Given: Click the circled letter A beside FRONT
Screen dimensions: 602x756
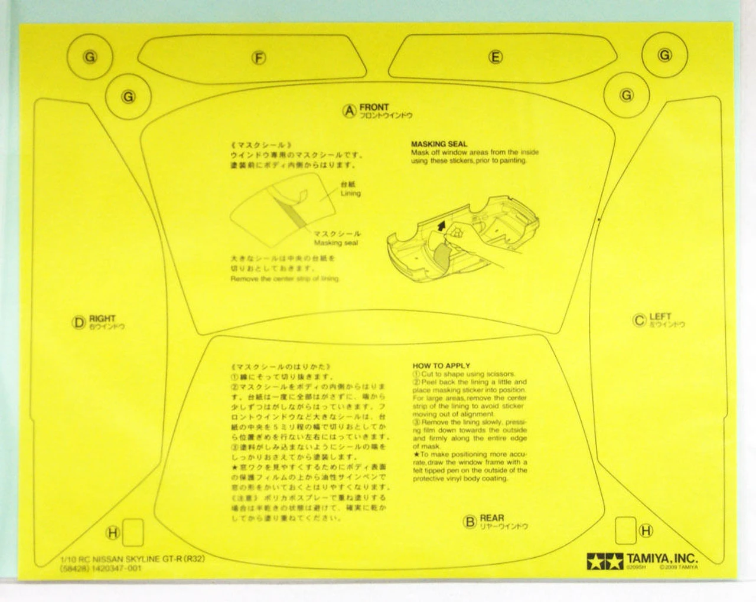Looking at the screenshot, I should point(350,110).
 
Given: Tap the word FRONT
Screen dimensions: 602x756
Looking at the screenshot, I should point(374,107).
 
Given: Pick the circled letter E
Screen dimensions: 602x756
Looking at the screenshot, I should point(496,57).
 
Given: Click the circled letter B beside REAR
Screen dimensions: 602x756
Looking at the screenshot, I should point(470,521).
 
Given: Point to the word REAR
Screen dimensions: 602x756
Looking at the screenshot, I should point(492,518).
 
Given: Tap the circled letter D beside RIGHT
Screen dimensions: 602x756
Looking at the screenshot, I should point(79,322).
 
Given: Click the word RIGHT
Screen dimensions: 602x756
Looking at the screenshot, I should point(102,319).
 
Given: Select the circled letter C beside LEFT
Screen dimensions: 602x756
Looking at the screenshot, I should point(638,320).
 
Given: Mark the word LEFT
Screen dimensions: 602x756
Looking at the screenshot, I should point(660,317).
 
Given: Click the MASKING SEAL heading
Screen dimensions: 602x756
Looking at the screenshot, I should point(439,144).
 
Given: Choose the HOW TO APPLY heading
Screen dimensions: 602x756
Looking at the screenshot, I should point(442,366).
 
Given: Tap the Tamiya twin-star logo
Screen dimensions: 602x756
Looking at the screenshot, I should point(605,559).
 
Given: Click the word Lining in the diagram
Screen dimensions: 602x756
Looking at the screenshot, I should point(350,194).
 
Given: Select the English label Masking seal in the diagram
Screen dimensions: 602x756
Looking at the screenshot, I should point(335,243).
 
